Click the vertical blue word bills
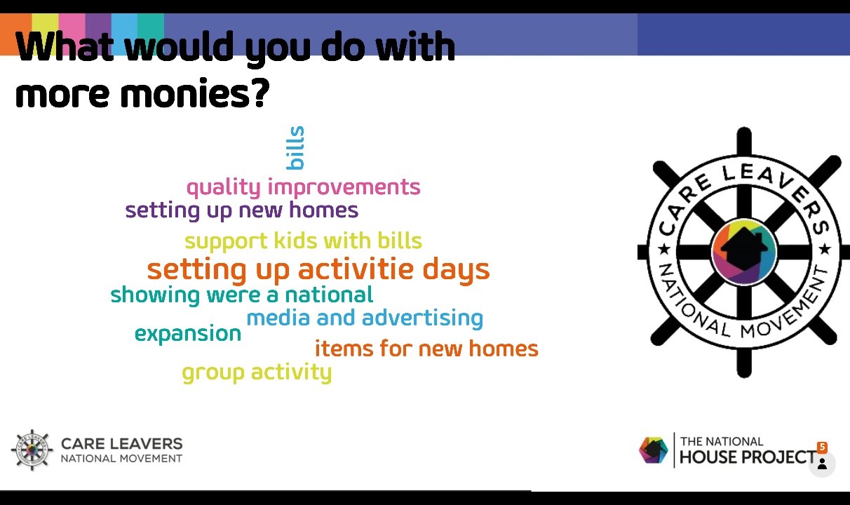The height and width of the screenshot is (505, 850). point(295,147)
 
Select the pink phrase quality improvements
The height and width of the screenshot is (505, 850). point(304,187)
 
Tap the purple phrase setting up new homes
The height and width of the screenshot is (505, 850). point(242,210)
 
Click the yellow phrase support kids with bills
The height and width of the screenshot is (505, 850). point(303,241)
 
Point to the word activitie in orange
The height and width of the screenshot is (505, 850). point(356,269)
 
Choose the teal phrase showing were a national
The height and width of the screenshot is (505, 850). point(242,295)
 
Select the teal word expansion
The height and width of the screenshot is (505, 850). point(188,334)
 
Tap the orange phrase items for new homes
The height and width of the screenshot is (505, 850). point(426,349)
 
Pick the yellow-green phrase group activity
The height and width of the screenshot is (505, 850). point(257,372)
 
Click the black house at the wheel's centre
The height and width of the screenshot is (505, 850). point(743,250)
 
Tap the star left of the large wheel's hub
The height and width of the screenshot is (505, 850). point(664,250)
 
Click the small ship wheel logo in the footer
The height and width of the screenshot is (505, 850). point(32,450)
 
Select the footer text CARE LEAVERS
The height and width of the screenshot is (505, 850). point(122,443)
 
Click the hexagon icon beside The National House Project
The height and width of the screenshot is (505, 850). point(653,450)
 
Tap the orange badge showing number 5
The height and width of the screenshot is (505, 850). point(822,447)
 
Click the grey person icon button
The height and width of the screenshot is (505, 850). point(822,464)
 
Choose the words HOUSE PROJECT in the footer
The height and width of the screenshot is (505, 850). point(748,457)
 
